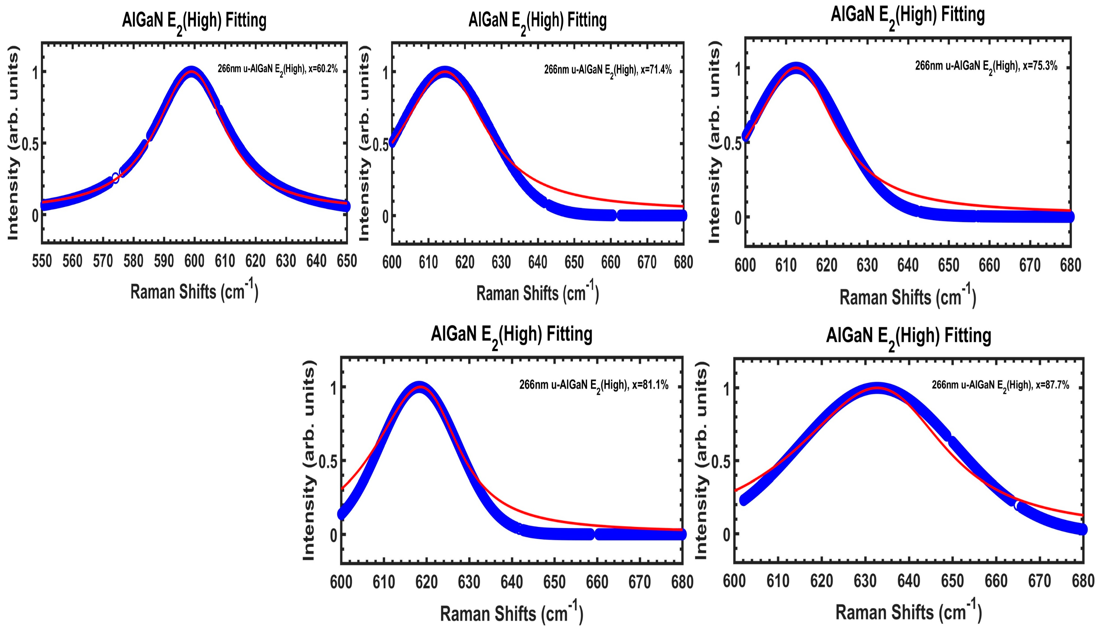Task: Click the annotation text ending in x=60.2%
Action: (277, 69)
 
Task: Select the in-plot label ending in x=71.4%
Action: (607, 70)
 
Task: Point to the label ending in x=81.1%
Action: (594, 385)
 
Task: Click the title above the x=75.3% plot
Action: (907, 16)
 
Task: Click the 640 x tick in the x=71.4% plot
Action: (538, 262)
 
